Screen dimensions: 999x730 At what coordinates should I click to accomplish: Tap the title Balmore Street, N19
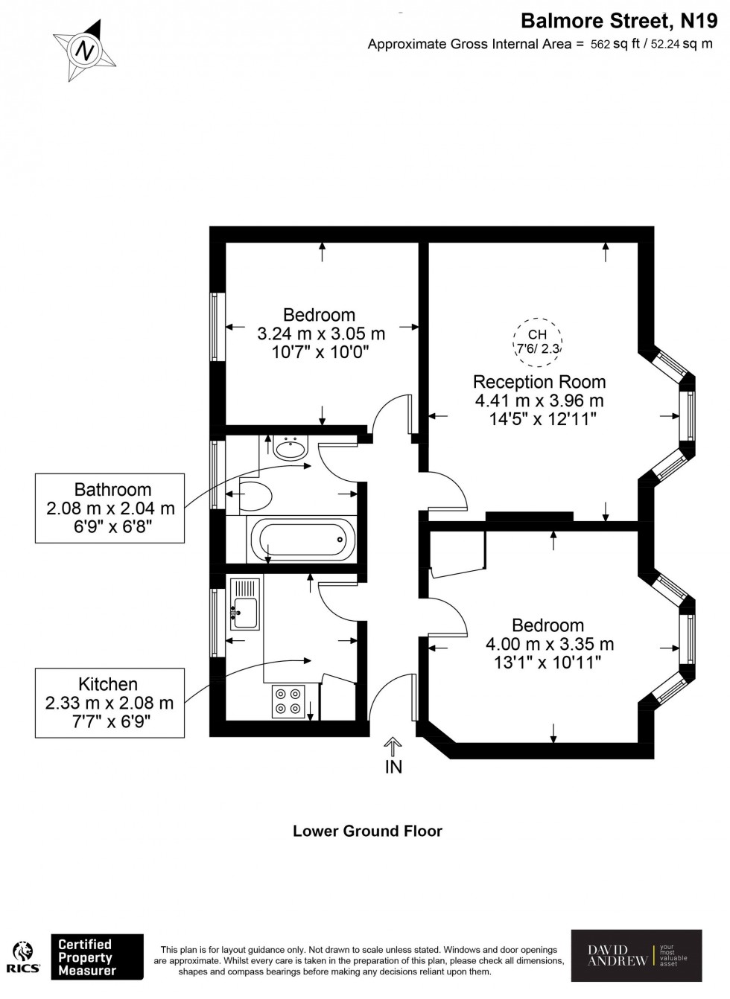tap(618, 20)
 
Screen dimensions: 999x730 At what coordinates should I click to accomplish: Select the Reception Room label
tap(539, 382)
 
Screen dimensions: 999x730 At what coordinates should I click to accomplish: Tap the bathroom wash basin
tap(290, 447)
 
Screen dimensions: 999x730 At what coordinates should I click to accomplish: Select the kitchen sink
tap(244, 604)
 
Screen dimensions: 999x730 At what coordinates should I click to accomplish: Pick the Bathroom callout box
tap(111, 508)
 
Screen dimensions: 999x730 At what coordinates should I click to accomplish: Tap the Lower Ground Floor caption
tap(367, 831)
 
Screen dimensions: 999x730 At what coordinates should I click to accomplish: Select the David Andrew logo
tap(635, 955)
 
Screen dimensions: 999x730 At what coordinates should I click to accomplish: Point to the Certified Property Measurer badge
tap(96, 957)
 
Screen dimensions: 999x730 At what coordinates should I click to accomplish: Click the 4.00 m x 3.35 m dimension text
tap(550, 644)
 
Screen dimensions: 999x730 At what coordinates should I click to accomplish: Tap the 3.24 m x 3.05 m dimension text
tap(320, 333)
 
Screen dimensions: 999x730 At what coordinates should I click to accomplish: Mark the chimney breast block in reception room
tap(530, 516)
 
